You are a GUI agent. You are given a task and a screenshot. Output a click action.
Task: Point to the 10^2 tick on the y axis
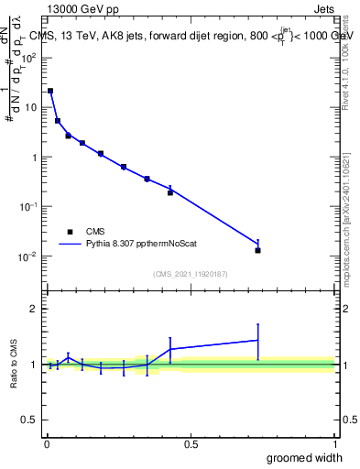[x=30, y=57]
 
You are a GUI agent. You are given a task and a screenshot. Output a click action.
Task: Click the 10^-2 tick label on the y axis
[x=30, y=256]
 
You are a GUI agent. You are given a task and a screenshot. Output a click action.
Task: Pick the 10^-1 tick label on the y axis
[x=30, y=206]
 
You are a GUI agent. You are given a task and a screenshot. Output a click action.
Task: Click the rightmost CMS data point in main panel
[x=258, y=250]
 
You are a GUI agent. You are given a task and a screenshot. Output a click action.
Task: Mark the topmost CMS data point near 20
[x=50, y=91]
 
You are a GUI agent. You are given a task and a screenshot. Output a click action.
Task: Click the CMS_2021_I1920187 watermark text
[x=191, y=274]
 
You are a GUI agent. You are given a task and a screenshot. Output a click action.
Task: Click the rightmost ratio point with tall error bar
[x=258, y=341]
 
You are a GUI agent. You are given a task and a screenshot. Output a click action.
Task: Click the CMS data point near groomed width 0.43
[x=170, y=192]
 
